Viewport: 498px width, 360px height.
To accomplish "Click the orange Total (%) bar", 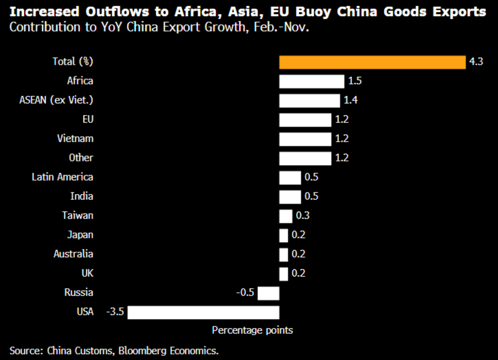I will pyautogui.click(x=372, y=62).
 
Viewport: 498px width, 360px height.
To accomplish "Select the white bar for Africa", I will pyautogui.click(x=312, y=81).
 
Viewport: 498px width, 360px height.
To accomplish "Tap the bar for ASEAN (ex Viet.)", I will pyautogui.click(x=310, y=100).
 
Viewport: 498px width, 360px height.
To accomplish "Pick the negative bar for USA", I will pyautogui.click(x=203, y=312).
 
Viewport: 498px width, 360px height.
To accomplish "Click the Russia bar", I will pyautogui.click(x=268, y=293).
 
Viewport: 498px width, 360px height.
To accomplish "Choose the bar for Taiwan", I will pyautogui.click(x=286, y=216).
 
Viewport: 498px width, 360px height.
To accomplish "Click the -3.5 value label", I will pyautogui.click(x=115, y=312).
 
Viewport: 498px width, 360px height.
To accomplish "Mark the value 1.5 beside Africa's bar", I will pyautogui.click(x=355, y=81).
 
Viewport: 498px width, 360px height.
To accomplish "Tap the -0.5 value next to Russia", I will pyautogui.click(x=245, y=293).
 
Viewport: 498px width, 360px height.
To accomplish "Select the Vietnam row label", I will pyautogui.click(x=75, y=139).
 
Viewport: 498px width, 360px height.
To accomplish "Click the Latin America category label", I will pyautogui.click(x=62, y=177).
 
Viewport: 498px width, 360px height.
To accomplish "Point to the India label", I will pyautogui.click(x=82, y=196).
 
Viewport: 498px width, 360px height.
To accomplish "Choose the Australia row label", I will pyautogui.click(x=73, y=254).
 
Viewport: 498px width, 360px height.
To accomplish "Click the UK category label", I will pyautogui.click(x=87, y=273).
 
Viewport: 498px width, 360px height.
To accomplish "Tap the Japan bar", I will pyautogui.click(x=284, y=235).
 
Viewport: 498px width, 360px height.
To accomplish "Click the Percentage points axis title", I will pyautogui.click(x=252, y=330).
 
